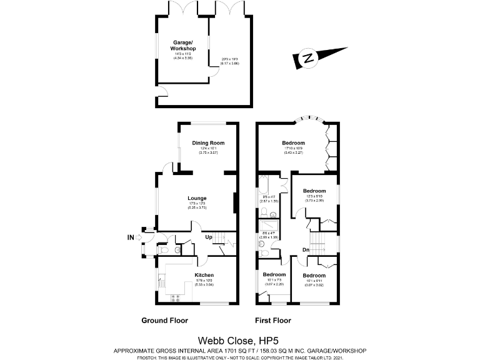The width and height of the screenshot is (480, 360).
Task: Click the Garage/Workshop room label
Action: [183, 45]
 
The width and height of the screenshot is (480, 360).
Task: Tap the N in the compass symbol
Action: [307, 59]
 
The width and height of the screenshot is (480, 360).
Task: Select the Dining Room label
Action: [208, 143]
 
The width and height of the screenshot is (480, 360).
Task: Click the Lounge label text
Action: [197, 198]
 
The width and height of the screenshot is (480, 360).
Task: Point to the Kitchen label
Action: [204, 275]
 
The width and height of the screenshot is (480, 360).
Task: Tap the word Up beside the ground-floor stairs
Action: [209, 237]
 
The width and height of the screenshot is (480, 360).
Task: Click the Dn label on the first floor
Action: [306, 251]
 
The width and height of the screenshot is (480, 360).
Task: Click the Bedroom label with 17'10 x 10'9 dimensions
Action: [293, 143]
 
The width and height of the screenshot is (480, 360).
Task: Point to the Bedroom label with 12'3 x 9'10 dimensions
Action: [314, 191]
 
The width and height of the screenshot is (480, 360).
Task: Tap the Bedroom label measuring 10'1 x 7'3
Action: [274, 275]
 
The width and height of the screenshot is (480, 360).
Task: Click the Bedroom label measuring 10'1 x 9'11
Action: [314, 275]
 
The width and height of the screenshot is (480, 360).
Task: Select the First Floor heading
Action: [272, 321]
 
